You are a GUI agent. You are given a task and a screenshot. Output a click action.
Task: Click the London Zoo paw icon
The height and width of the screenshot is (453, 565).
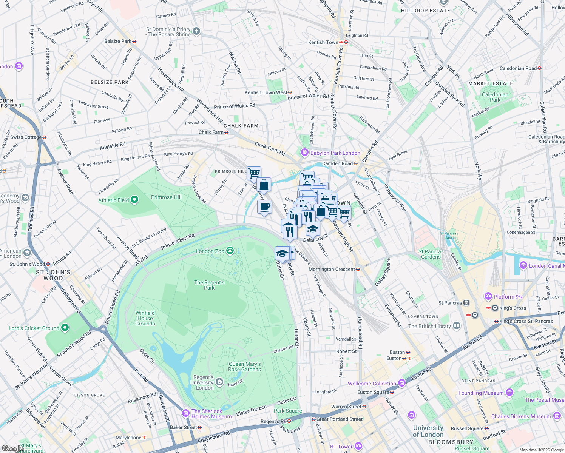pyautogui.click(x=230, y=251)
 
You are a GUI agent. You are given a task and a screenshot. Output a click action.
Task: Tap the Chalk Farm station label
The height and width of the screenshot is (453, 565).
pyautogui.click(x=211, y=132)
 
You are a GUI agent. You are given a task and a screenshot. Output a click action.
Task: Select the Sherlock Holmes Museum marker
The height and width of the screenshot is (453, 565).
pyautogui.click(x=185, y=413)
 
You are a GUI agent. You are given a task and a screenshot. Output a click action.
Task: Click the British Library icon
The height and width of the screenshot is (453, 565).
pyautogui.click(x=457, y=326)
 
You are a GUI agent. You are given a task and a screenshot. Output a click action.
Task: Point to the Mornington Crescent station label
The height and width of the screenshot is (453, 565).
pyautogui.click(x=332, y=269)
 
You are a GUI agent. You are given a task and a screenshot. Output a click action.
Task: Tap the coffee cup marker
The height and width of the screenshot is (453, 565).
pyautogui.click(x=264, y=207)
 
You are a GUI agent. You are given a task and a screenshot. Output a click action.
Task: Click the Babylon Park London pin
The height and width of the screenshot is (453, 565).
pyautogui.click(x=304, y=153)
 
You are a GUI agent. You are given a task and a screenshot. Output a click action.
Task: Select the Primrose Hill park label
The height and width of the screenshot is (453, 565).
pyautogui.click(x=166, y=197)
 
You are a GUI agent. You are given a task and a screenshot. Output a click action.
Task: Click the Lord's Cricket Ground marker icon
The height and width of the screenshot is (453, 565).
pyautogui.click(x=65, y=328)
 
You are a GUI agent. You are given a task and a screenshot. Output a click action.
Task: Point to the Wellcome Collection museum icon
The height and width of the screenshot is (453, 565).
pyautogui.click(x=401, y=384)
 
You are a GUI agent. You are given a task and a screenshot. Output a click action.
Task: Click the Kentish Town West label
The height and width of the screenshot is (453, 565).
pyautogui.click(x=266, y=92)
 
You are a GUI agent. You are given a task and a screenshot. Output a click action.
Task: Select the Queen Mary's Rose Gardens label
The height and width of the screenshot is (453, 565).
pyautogui.click(x=244, y=367)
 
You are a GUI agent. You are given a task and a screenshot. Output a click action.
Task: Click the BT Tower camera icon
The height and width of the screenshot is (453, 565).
pyautogui.click(x=358, y=446)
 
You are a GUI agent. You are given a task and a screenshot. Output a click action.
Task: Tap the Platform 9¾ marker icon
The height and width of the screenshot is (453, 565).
pyautogui.click(x=488, y=296)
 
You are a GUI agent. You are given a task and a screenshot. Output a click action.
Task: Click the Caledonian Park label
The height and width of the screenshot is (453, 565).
pyautogui.click(x=495, y=97)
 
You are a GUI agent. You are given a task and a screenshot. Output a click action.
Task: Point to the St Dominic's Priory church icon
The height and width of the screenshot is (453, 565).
pyautogui.click(x=196, y=31)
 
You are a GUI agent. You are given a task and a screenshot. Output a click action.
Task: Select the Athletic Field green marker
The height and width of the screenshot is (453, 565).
pyautogui.click(x=134, y=200)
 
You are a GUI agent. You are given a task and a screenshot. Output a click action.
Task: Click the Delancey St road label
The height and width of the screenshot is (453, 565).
pyautogui.click(x=316, y=238)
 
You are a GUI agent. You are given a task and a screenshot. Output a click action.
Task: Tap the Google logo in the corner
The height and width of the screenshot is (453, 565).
pyautogui.click(x=12, y=448)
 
